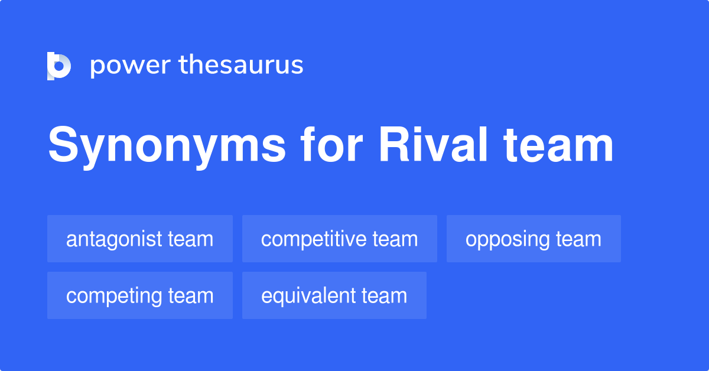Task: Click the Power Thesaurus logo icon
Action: [x=59, y=66]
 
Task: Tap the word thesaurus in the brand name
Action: [x=241, y=66]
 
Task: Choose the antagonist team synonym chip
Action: [x=140, y=239]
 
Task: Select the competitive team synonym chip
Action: [x=340, y=239]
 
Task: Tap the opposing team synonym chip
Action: [x=534, y=239]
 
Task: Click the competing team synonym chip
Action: [x=140, y=295]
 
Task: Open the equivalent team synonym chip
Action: [x=334, y=295]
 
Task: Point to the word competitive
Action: [x=314, y=239]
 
